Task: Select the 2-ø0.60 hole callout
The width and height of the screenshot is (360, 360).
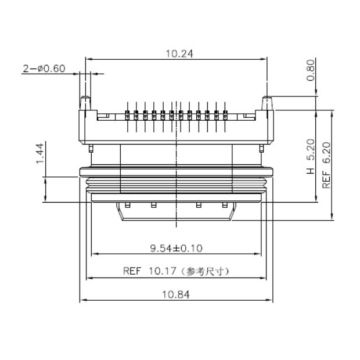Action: [44, 69]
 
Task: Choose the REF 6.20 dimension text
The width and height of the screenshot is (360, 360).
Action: [326, 166]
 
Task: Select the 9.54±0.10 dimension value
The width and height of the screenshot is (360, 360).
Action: [176, 249]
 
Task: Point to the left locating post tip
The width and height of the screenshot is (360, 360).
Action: [85, 98]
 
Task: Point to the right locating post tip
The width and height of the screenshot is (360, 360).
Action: [268, 98]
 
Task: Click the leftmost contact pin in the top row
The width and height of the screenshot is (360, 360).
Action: [127, 113]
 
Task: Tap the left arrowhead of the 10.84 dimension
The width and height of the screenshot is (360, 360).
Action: [82, 300]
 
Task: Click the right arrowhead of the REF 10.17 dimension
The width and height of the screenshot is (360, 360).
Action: [264, 278]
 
